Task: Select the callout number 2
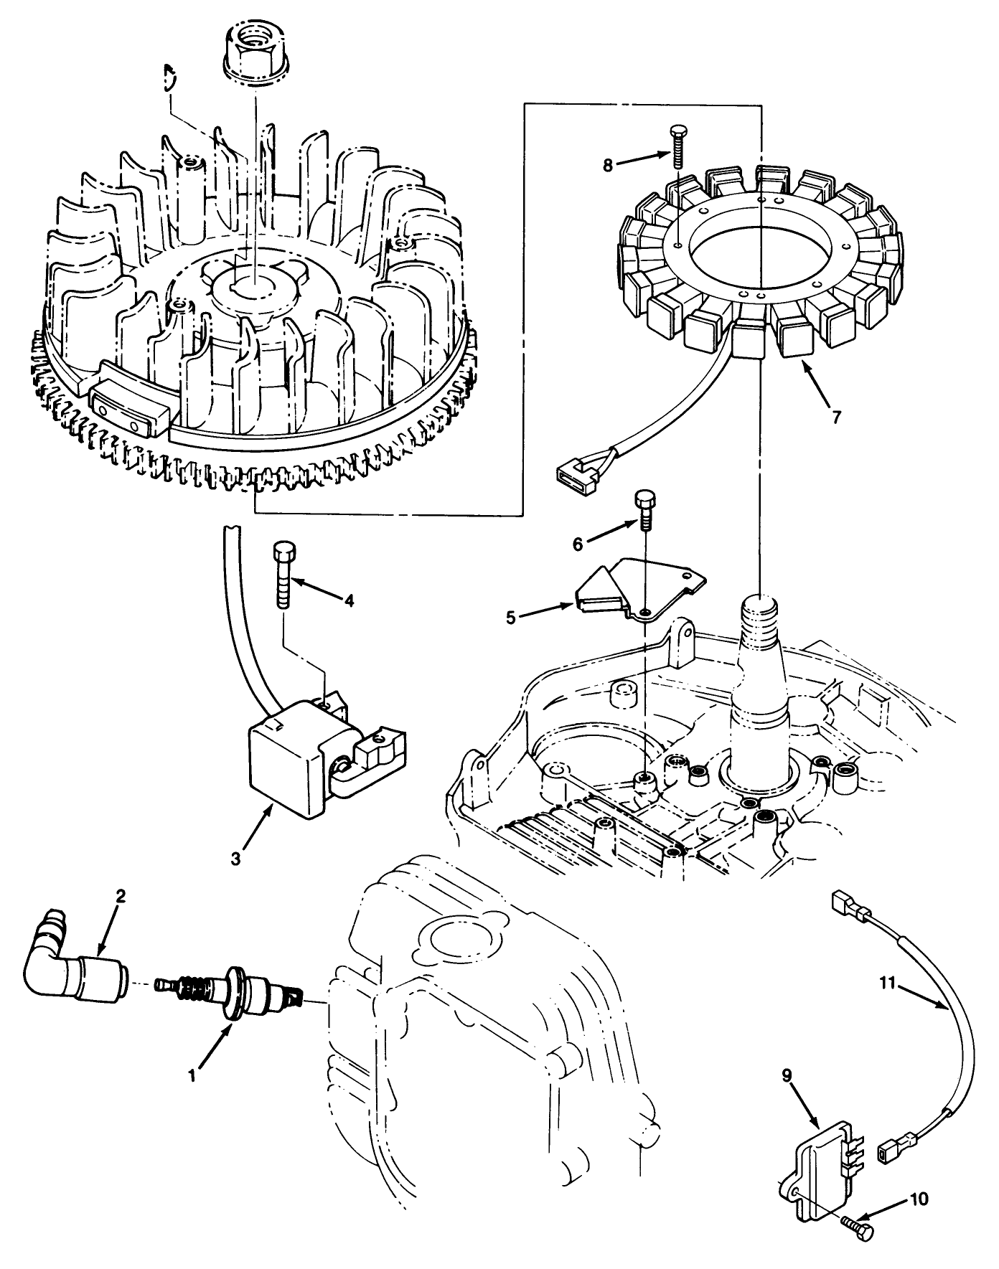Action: [x=121, y=896]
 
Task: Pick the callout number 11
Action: [x=888, y=983]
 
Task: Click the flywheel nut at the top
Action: [x=255, y=48]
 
